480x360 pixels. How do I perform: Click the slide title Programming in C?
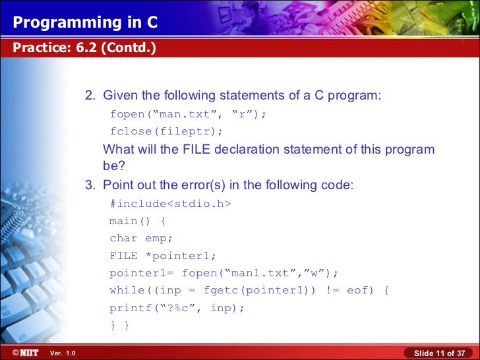pyautogui.click(x=86, y=23)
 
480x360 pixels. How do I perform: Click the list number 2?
pyautogui.click(x=90, y=96)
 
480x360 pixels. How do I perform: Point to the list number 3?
pyautogui.click(x=90, y=185)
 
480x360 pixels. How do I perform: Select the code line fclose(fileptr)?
pyautogui.click(x=166, y=131)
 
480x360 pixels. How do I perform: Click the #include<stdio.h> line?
pyautogui.click(x=170, y=204)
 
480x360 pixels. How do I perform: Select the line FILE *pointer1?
pyautogui.click(x=162, y=256)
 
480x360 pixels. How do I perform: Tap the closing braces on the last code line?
pyautogui.click(x=119, y=325)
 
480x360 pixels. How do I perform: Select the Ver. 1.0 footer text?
pyautogui.click(x=63, y=353)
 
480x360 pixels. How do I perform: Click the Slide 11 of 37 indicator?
pyautogui.click(x=439, y=353)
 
